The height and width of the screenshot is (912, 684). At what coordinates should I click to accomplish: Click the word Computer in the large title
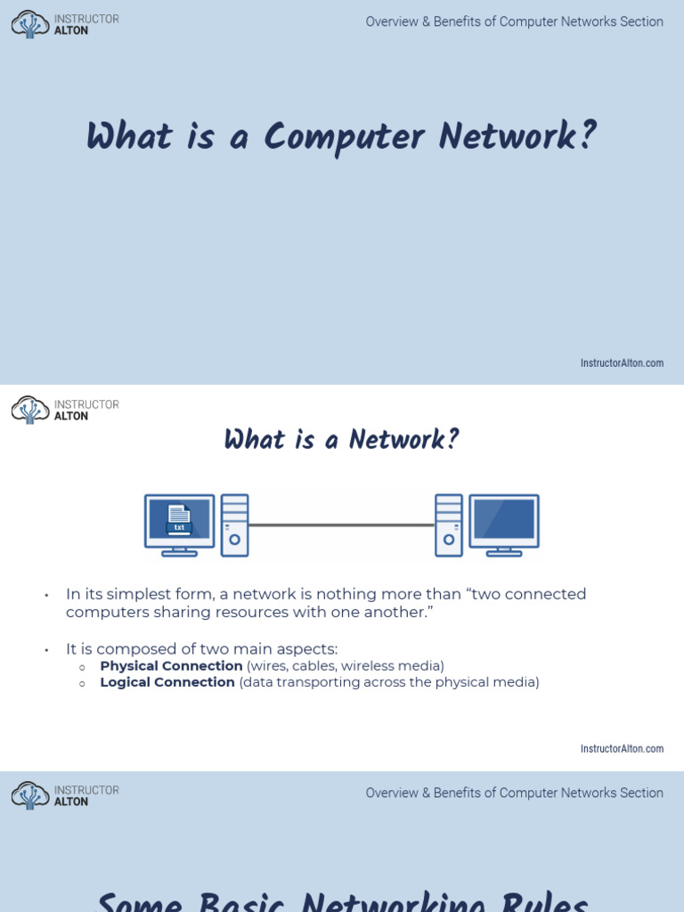[x=343, y=138]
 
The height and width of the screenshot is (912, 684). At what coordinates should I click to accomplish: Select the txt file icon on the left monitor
[x=179, y=518]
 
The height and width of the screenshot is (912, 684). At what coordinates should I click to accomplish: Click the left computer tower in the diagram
[x=234, y=525]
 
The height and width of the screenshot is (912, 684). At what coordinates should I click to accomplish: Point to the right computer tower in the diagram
[x=449, y=525]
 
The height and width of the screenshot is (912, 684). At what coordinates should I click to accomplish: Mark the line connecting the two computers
[x=341, y=525]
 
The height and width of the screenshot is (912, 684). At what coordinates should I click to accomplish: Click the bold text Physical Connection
[x=171, y=666]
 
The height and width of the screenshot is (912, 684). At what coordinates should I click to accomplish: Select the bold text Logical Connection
[x=167, y=682]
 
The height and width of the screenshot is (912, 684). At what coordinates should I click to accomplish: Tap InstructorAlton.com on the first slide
[x=622, y=363]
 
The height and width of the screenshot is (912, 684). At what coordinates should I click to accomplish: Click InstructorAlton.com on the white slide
[x=622, y=749]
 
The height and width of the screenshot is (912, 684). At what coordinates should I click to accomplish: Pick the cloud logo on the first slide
[x=30, y=24]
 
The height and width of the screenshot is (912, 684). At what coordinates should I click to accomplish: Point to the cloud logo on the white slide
[x=30, y=410]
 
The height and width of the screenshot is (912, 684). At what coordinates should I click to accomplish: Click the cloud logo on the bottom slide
[x=30, y=795]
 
